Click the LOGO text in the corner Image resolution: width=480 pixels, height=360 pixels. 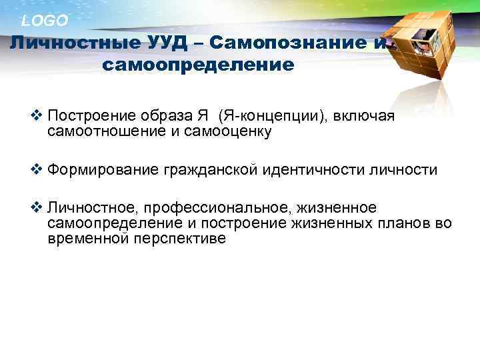coord(45,21)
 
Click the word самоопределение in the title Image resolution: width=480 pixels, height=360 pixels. coord(199,65)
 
